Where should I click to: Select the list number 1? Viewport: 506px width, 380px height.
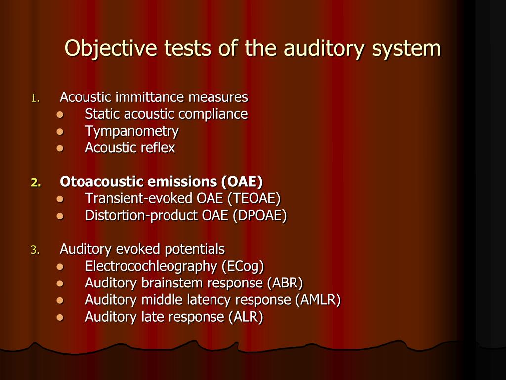[35, 98]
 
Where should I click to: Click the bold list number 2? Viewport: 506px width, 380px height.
[36, 183]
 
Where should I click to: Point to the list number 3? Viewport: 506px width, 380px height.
[35, 250]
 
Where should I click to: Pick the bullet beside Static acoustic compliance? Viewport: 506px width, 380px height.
[60, 115]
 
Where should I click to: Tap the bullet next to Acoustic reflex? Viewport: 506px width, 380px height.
[60, 148]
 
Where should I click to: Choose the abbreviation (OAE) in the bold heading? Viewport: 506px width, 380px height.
[242, 182]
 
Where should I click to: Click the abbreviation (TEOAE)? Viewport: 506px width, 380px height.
[253, 198]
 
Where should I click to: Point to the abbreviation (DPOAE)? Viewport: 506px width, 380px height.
[260, 215]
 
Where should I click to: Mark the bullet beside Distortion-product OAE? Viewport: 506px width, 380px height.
[60, 216]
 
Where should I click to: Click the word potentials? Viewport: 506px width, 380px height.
[195, 249]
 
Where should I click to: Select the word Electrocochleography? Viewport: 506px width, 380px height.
[151, 266]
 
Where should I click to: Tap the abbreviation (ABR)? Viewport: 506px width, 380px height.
[285, 283]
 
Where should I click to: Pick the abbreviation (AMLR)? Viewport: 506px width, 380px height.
[318, 299]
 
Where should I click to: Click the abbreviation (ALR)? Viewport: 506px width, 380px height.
[246, 316]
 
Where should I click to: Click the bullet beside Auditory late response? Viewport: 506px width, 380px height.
[60, 317]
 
